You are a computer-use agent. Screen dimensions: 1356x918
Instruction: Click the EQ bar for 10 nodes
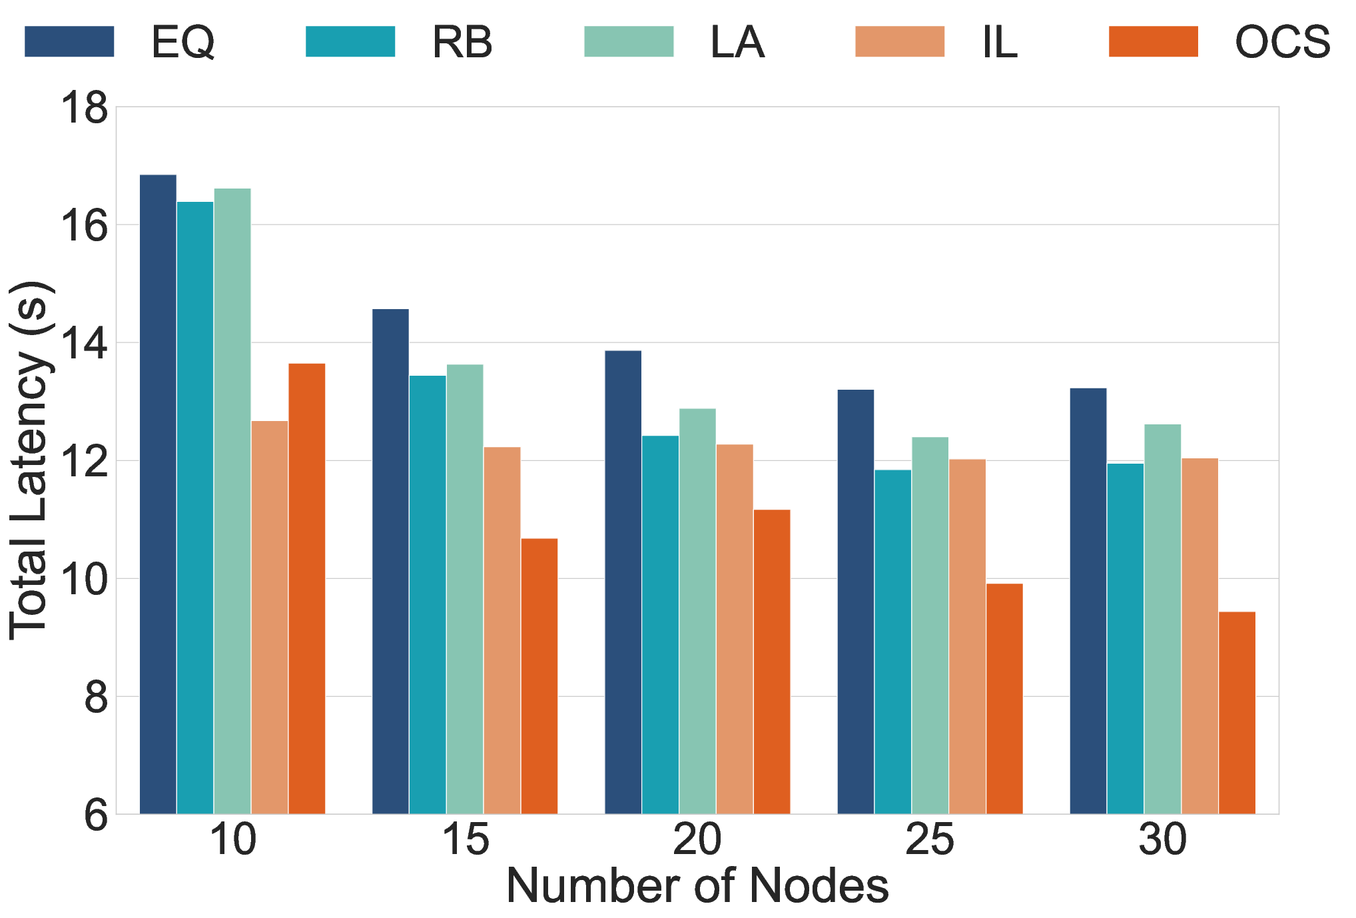point(158,494)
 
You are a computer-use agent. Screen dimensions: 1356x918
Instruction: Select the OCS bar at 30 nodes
point(1237,713)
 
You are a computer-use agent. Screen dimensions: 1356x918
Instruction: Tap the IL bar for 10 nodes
point(270,618)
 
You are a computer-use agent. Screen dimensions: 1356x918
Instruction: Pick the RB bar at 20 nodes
point(660,625)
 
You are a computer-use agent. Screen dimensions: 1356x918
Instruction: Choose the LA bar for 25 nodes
point(930,626)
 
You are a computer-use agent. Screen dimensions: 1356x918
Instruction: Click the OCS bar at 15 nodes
point(539,676)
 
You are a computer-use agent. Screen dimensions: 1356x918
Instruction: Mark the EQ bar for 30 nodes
point(1088,601)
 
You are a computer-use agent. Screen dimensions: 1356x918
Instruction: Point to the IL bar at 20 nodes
point(735,629)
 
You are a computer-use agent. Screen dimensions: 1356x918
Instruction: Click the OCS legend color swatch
point(1154,41)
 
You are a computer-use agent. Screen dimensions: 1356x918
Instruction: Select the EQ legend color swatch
point(69,41)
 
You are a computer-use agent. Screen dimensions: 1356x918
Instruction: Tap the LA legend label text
point(737,42)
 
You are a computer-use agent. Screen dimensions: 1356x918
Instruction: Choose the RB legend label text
point(462,42)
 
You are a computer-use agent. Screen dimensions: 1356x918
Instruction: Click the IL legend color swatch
point(900,41)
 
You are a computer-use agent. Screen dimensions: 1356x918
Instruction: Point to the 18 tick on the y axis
point(84,107)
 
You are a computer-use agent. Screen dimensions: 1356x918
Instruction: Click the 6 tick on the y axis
point(96,814)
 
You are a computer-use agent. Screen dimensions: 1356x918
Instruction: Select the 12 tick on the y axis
point(84,460)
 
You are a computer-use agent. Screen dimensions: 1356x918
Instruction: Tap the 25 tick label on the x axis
point(930,840)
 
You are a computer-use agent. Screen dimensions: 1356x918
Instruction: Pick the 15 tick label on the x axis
point(465,840)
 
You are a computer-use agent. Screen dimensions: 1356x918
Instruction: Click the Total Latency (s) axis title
point(30,460)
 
